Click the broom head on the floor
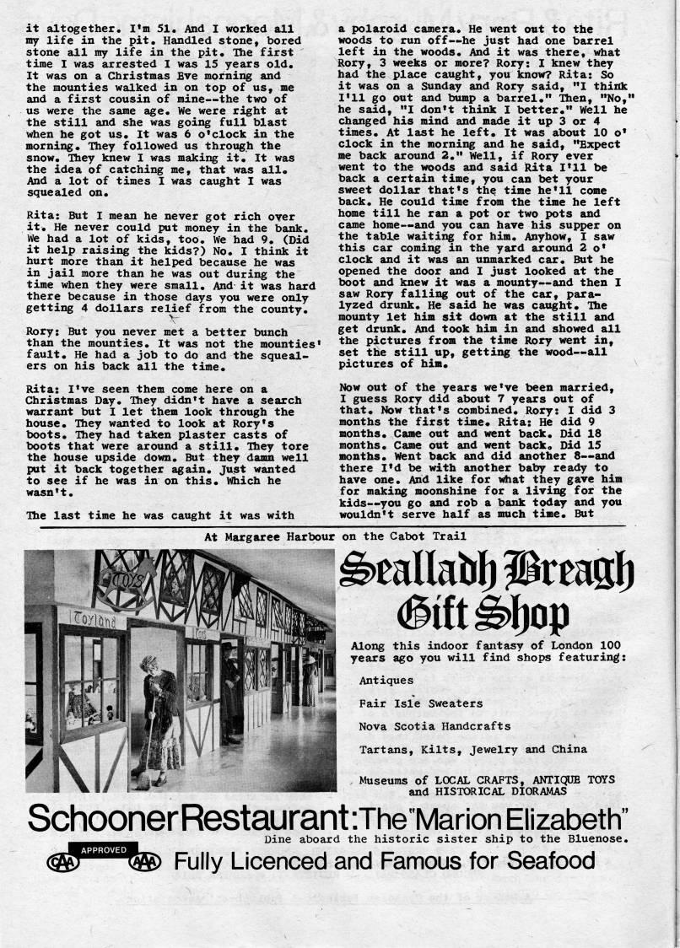(x=143, y=782)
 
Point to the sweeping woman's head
(x=149, y=663)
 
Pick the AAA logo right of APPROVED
(x=141, y=863)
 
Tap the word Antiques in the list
(x=386, y=680)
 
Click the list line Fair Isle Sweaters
(x=420, y=703)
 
